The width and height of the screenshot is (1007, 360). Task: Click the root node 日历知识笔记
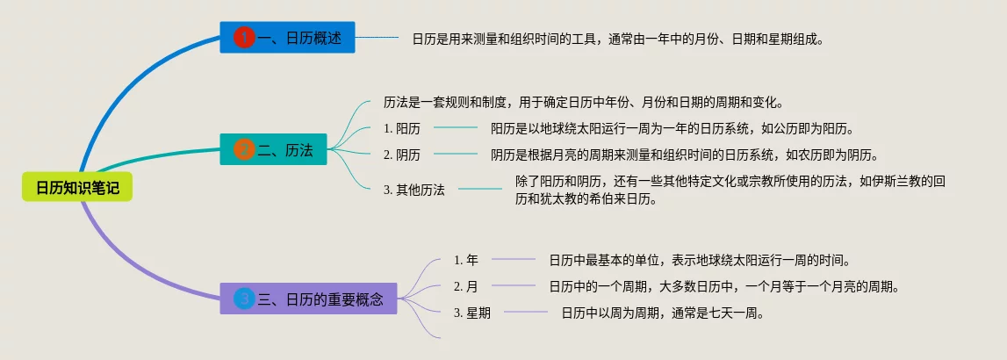(77, 186)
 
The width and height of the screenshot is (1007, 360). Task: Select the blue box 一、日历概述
(287, 37)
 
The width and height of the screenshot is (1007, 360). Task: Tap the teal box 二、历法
(274, 149)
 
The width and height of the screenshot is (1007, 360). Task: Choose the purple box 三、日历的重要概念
(309, 299)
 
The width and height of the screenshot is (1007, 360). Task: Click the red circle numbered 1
(245, 38)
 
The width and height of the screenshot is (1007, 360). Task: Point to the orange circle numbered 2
(245, 150)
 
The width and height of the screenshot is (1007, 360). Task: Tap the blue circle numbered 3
(245, 299)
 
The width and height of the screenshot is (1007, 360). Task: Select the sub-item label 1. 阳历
(402, 128)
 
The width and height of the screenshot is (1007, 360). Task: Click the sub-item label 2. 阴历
(402, 155)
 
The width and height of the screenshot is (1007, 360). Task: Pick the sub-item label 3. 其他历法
(414, 190)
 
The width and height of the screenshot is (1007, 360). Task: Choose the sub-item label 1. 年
(466, 260)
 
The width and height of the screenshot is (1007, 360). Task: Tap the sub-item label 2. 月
(466, 286)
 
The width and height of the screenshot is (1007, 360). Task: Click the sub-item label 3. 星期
(472, 313)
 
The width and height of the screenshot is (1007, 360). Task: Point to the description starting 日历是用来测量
(618, 39)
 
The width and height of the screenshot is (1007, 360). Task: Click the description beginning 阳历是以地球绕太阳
(673, 128)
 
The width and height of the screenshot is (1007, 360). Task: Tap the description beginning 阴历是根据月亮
(684, 155)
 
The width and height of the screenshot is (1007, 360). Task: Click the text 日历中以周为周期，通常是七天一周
(663, 313)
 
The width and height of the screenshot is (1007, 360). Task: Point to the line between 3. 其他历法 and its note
(479, 189)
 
